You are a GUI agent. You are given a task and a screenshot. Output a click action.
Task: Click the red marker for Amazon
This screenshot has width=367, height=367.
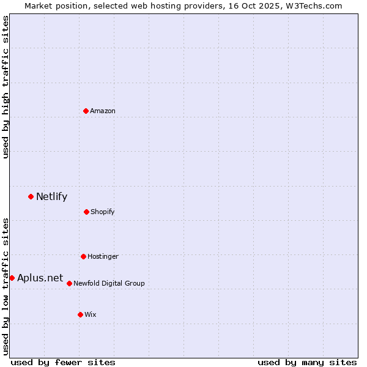click(x=86, y=111)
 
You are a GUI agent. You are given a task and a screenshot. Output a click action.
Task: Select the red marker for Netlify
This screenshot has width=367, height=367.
click(x=31, y=196)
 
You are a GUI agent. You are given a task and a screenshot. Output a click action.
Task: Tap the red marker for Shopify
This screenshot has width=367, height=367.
click(x=86, y=212)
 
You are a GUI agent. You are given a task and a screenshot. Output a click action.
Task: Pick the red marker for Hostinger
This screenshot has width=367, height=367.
click(x=83, y=256)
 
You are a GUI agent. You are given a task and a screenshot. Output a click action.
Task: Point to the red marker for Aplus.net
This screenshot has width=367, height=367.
click(x=12, y=278)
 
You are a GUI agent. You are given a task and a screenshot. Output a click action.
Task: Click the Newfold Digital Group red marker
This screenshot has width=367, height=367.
click(x=69, y=283)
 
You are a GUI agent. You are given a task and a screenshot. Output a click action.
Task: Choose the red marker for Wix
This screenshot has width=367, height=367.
click(x=80, y=314)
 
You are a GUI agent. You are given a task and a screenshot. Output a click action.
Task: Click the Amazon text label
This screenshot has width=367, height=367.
click(x=103, y=111)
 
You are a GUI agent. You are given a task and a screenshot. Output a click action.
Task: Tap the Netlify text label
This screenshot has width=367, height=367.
click(x=51, y=196)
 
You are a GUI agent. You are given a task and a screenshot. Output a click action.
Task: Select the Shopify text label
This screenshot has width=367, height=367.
click(x=103, y=212)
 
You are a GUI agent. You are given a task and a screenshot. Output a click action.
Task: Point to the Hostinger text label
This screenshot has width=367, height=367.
click(x=103, y=256)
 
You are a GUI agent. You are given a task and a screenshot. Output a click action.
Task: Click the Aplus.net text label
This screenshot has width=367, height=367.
click(x=40, y=278)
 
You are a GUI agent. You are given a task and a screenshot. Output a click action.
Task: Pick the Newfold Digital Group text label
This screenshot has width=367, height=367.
click(x=109, y=283)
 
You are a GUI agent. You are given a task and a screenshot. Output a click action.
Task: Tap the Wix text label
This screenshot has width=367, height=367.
click(x=91, y=314)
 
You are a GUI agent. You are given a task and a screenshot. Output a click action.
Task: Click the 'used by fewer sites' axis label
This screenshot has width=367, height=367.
click(x=63, y=362)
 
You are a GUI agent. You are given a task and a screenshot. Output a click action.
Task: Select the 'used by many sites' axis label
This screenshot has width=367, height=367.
click(x=307, y=362)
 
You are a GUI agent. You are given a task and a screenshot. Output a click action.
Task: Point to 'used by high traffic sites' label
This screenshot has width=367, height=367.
click(x=6, y=87)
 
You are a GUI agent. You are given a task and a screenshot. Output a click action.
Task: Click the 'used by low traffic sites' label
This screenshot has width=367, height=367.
click(x=6, y=286)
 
